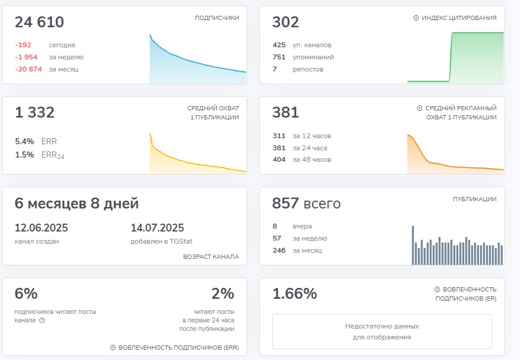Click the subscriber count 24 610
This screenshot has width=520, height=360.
[x=39, y=22]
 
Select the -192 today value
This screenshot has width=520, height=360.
[x=23, y=45]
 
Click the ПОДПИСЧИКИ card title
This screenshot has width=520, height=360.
[x=216, y=18]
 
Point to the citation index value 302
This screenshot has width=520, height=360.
[x=285, y=22]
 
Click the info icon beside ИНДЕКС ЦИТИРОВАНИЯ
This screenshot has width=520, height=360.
[x=416, y=18]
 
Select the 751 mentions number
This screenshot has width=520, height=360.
[x=279, y=57]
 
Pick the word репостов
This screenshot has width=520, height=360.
[x=308, y=69]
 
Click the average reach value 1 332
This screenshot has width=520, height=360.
[x=35, y=112]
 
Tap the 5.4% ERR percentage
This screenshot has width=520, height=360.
[x=25, y=141]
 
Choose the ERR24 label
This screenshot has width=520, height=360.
[x=53, y=155]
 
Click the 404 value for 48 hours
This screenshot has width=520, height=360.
[x=279, y=159]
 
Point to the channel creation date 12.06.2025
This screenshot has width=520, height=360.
[x=41, y=228]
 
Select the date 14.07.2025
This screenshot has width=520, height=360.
[x=157, y=228]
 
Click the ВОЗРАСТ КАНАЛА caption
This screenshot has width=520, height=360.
[x=210, y=256]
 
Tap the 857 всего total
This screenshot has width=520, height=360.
[x=306, y=204]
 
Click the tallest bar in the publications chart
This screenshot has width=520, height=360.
[x=413, y=245]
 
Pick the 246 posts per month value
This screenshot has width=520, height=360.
[x=279, y=250]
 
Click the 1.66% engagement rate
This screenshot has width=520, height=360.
[x=295, y=294]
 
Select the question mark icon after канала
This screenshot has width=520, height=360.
[x=42, y=321]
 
